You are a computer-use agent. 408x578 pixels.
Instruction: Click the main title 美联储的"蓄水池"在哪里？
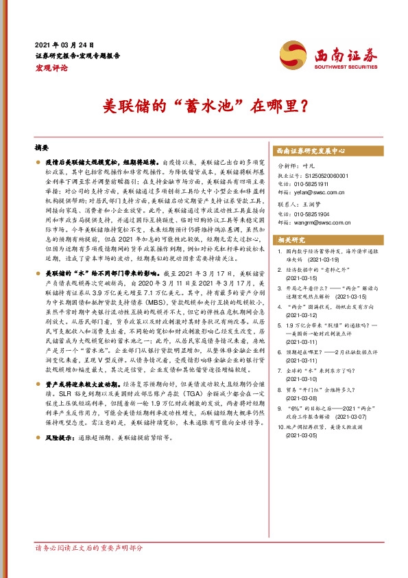click(x=204, y=107)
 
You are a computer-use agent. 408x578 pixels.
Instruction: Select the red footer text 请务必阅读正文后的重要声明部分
click(x=89, y=548)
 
